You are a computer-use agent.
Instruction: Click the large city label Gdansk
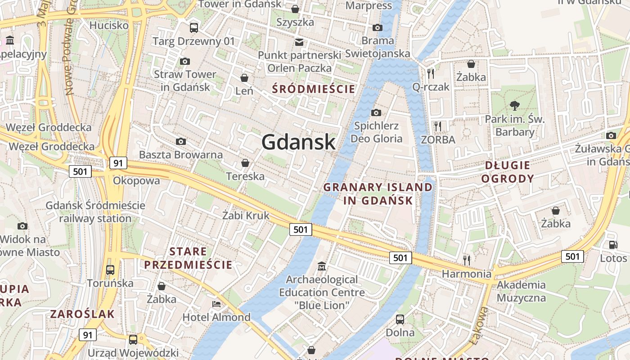point(298,142)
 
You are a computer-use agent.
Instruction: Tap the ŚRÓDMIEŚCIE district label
point(314,89)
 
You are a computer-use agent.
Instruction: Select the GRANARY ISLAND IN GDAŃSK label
point(378,194)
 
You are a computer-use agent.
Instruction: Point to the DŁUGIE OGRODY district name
point(508,172)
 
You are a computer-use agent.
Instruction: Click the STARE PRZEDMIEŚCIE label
point(188,258)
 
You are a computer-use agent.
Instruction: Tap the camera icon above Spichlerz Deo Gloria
point(376,112)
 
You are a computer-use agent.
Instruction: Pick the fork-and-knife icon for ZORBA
point(438,126)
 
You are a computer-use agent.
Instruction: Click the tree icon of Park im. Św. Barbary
point(515,106)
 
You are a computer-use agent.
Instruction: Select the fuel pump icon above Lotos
point(613,245)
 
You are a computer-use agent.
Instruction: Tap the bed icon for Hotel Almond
point(216,304)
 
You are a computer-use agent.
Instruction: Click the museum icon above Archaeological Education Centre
point(322,266)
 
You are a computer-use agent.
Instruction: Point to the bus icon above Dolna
point(400,319)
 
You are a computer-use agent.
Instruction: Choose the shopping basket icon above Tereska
point(245,162)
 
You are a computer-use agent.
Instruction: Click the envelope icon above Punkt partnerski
point(299,42)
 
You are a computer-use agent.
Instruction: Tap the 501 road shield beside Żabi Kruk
point(300,229)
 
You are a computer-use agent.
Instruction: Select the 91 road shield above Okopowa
point(118,163)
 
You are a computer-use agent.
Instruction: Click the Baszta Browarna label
point(181,155)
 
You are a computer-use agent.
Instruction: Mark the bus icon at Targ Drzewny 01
point(194,28)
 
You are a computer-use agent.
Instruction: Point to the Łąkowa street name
point(479,325)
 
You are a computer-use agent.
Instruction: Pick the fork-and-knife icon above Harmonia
point(467,260)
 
